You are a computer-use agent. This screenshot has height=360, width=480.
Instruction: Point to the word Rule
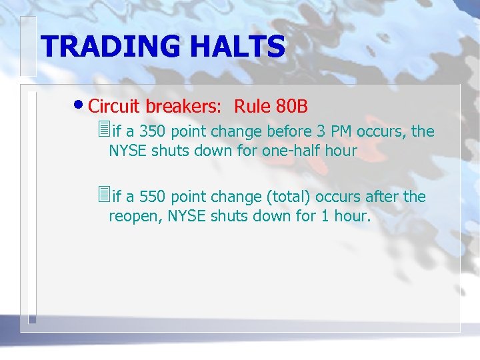[x=249, y=106]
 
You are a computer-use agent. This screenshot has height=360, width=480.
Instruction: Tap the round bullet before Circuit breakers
[x=79, y=106]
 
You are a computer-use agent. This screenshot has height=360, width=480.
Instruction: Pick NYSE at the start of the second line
[x=128, y=151]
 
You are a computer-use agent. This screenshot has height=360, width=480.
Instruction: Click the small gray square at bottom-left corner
[x=31, y=321]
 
